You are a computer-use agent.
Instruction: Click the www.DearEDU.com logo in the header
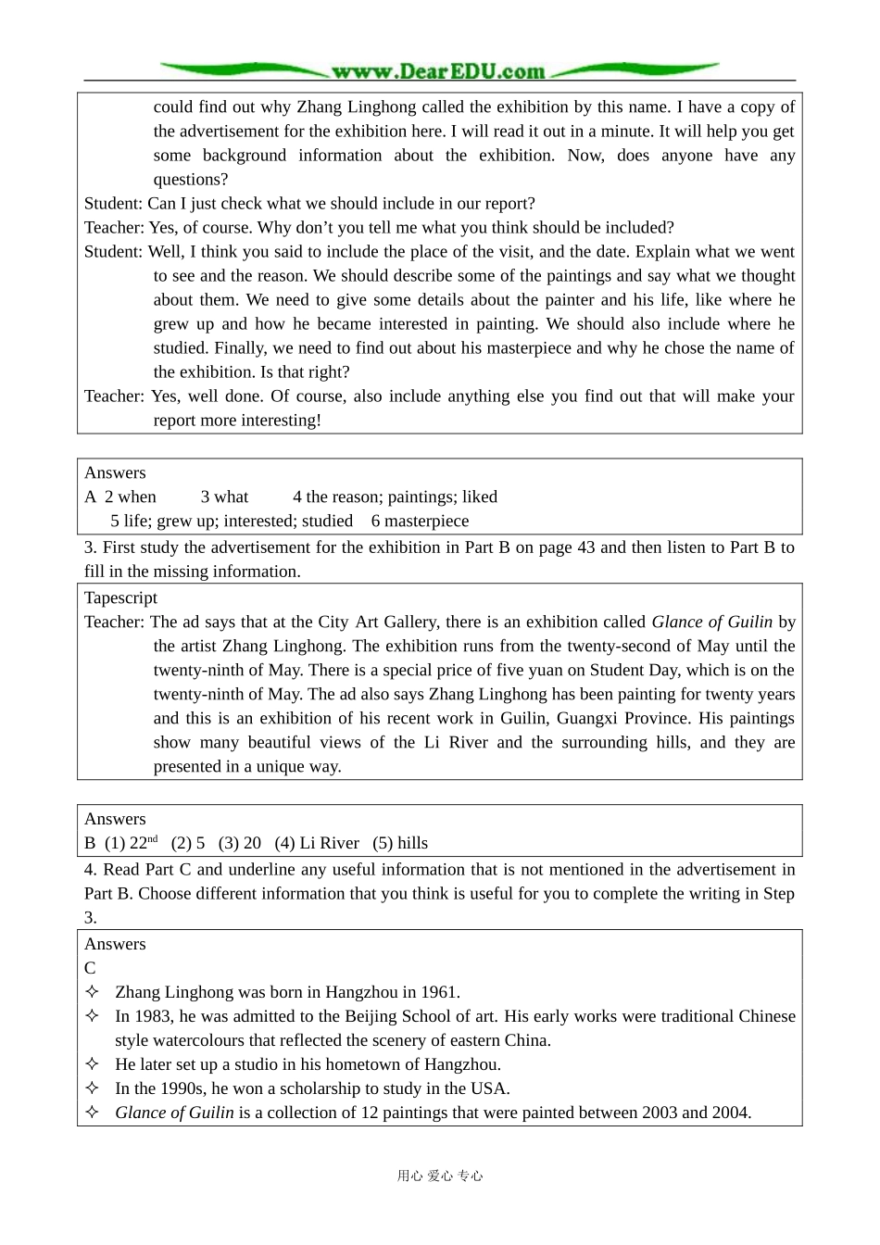(438, 71)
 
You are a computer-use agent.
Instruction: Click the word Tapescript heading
(120, 597)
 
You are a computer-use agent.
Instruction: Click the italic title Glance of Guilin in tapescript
(711, 622)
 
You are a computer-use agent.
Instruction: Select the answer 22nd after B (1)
(144, 843)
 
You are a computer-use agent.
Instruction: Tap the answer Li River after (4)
(329, 843)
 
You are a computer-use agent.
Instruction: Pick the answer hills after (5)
(412, 843)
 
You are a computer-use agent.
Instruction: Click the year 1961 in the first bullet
(440, 992)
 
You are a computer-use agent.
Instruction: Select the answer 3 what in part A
(225, 497)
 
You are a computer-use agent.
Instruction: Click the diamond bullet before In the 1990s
(92, 1088)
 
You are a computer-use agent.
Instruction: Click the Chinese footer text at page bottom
(440, 1176)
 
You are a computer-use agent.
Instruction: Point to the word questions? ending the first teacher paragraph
(191, 179)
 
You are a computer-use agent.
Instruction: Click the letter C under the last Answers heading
(90, 968)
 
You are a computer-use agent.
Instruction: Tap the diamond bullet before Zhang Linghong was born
(92, 991)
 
